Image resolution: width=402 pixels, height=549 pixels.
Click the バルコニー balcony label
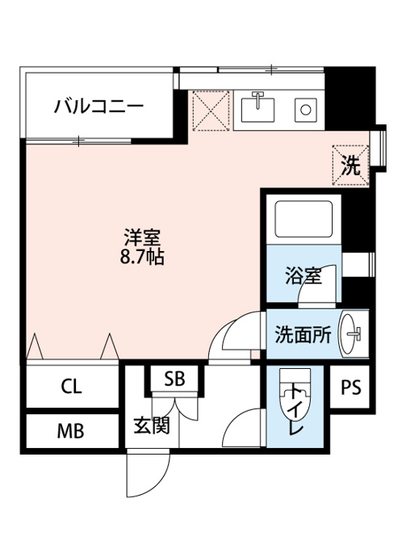coord(98,106)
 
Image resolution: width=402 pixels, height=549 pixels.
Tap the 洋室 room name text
coord(142,237)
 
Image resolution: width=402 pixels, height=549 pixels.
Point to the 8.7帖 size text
coord(142,257)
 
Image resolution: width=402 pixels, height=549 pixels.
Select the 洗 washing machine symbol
coord(351,166)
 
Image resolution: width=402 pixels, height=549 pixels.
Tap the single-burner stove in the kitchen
coord(306,110)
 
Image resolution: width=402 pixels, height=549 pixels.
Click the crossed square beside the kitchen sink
coord(211,111)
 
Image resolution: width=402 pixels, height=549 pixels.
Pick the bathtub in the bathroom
coord(304,219)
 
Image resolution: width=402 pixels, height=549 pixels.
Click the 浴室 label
coord(304,275)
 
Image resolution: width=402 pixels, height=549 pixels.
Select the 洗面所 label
coord(303,335)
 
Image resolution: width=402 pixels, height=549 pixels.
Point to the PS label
coord(351,388)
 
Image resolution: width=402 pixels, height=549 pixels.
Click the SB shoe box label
coord(174,379)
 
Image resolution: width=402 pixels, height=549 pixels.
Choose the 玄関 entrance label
coord(152,425)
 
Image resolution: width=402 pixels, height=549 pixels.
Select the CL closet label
coord(71,387)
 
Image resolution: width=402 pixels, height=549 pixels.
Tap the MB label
coord(71,431)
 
